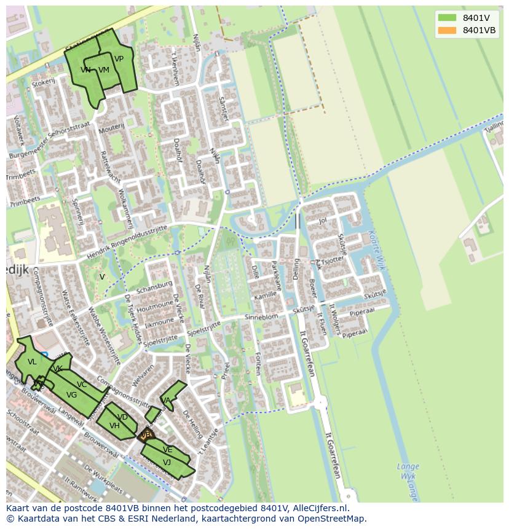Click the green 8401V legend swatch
[447, 18]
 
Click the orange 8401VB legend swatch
[447, 30]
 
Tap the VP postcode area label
[119, 59]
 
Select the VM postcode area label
[103, 70]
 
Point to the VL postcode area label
[32, 362]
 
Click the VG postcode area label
[71, 395]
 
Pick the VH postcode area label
[114, 425]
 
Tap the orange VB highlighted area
[146, 435]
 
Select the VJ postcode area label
[167, 462]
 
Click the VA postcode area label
[165, 400]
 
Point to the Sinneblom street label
[261, 317]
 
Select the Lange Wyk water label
[408, 471]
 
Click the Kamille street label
[265, 296]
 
